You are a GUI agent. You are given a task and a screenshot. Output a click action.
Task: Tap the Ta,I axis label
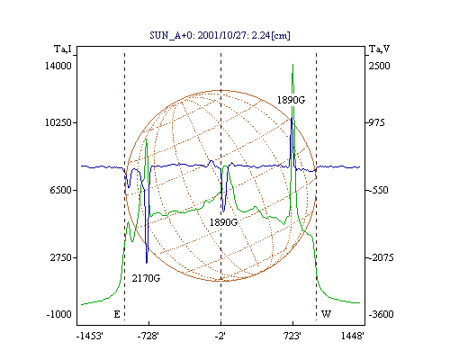(x=63, y=49)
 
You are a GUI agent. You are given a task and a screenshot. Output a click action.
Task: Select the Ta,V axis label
(x=379, y=49)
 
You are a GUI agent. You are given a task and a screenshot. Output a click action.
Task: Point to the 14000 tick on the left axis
(x=58, y=66)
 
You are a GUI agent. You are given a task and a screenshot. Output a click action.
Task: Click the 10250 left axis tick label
(x=58, y=122)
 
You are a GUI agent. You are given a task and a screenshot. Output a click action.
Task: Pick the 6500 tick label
(x=61, y=190)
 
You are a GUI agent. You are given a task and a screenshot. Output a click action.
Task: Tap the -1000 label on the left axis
(x=59, y=314)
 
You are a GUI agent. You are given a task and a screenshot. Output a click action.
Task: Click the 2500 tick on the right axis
(x=379, y=66)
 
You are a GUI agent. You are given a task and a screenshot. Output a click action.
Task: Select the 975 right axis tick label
(x=376, y=122)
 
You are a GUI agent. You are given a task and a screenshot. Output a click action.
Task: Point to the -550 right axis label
(x=378, y=190)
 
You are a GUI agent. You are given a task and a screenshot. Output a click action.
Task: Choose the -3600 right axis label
(x=381, y=314)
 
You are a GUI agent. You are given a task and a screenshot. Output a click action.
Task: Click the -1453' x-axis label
(x=90, y=336)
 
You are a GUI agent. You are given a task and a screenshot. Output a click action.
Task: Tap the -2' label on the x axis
(x=220, y=336)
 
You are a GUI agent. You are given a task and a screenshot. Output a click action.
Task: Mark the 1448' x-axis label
(x=353, y=336)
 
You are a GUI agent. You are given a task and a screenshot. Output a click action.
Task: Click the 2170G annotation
(x=146, y=278)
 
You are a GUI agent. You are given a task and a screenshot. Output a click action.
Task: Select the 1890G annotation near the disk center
(x=223, y=222)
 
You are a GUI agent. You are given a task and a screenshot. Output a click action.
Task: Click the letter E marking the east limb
(x=117, y=314)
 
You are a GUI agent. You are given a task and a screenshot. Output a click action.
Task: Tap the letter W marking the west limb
(x=326, y=314)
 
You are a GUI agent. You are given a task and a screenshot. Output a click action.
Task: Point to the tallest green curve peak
(x=292, y=64)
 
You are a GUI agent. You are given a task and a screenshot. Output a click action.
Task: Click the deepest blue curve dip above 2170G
(x=147, y=263)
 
